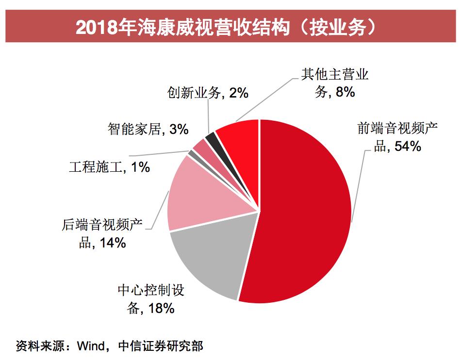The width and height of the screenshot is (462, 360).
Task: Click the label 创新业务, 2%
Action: pos(207,93)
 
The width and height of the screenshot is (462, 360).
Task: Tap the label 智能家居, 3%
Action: pos(148,130)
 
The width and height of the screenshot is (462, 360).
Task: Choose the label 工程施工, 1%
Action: pos(109,167)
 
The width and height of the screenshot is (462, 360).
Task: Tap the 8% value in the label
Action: pos(345,92)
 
